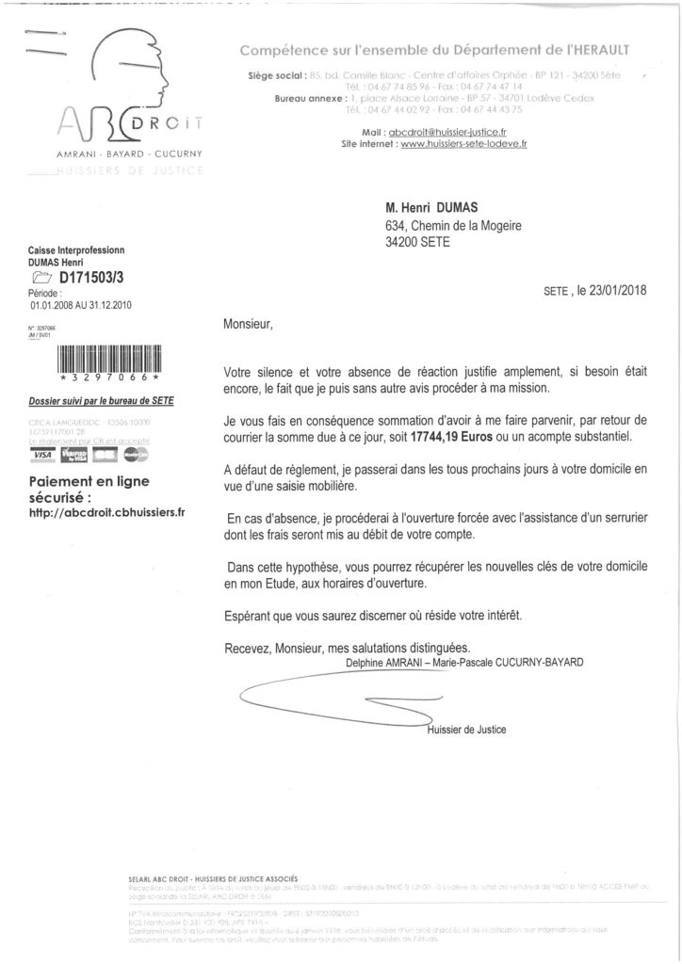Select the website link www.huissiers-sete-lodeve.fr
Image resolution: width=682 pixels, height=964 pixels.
point(460,144)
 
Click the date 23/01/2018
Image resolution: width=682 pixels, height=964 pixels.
point(614,292)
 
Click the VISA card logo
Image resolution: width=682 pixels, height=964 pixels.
point(42,455)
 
